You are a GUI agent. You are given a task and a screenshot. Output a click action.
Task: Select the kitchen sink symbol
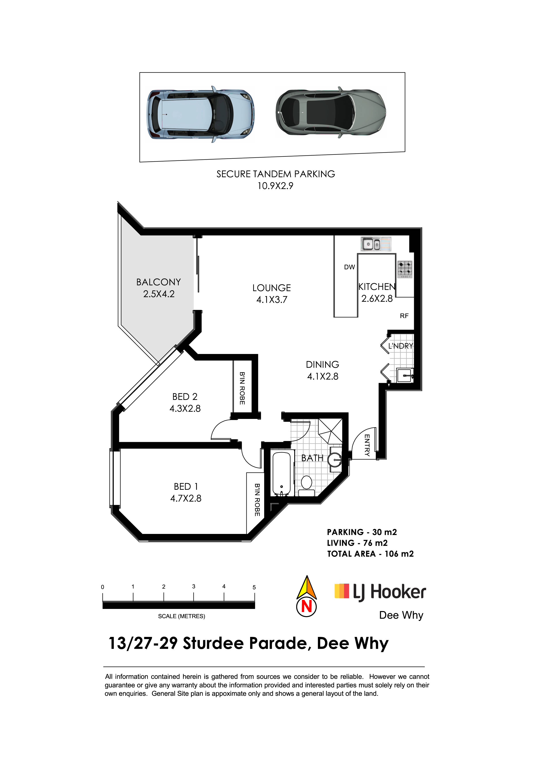376,244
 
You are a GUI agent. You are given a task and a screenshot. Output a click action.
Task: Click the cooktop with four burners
405,269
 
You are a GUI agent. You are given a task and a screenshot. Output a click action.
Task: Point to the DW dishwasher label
349,267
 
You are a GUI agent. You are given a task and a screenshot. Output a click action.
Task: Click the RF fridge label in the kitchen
404,316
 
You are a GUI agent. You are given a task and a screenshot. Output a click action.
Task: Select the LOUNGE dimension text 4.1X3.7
272,300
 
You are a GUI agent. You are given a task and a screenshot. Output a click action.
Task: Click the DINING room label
322,364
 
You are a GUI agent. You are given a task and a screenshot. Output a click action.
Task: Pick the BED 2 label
185,397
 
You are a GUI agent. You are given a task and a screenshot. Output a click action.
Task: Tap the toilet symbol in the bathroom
307,486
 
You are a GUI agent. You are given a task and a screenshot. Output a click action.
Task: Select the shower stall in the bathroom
330,431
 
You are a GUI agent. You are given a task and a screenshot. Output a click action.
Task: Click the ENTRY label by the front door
367,445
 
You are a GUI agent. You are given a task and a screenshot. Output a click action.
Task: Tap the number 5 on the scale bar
254,587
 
